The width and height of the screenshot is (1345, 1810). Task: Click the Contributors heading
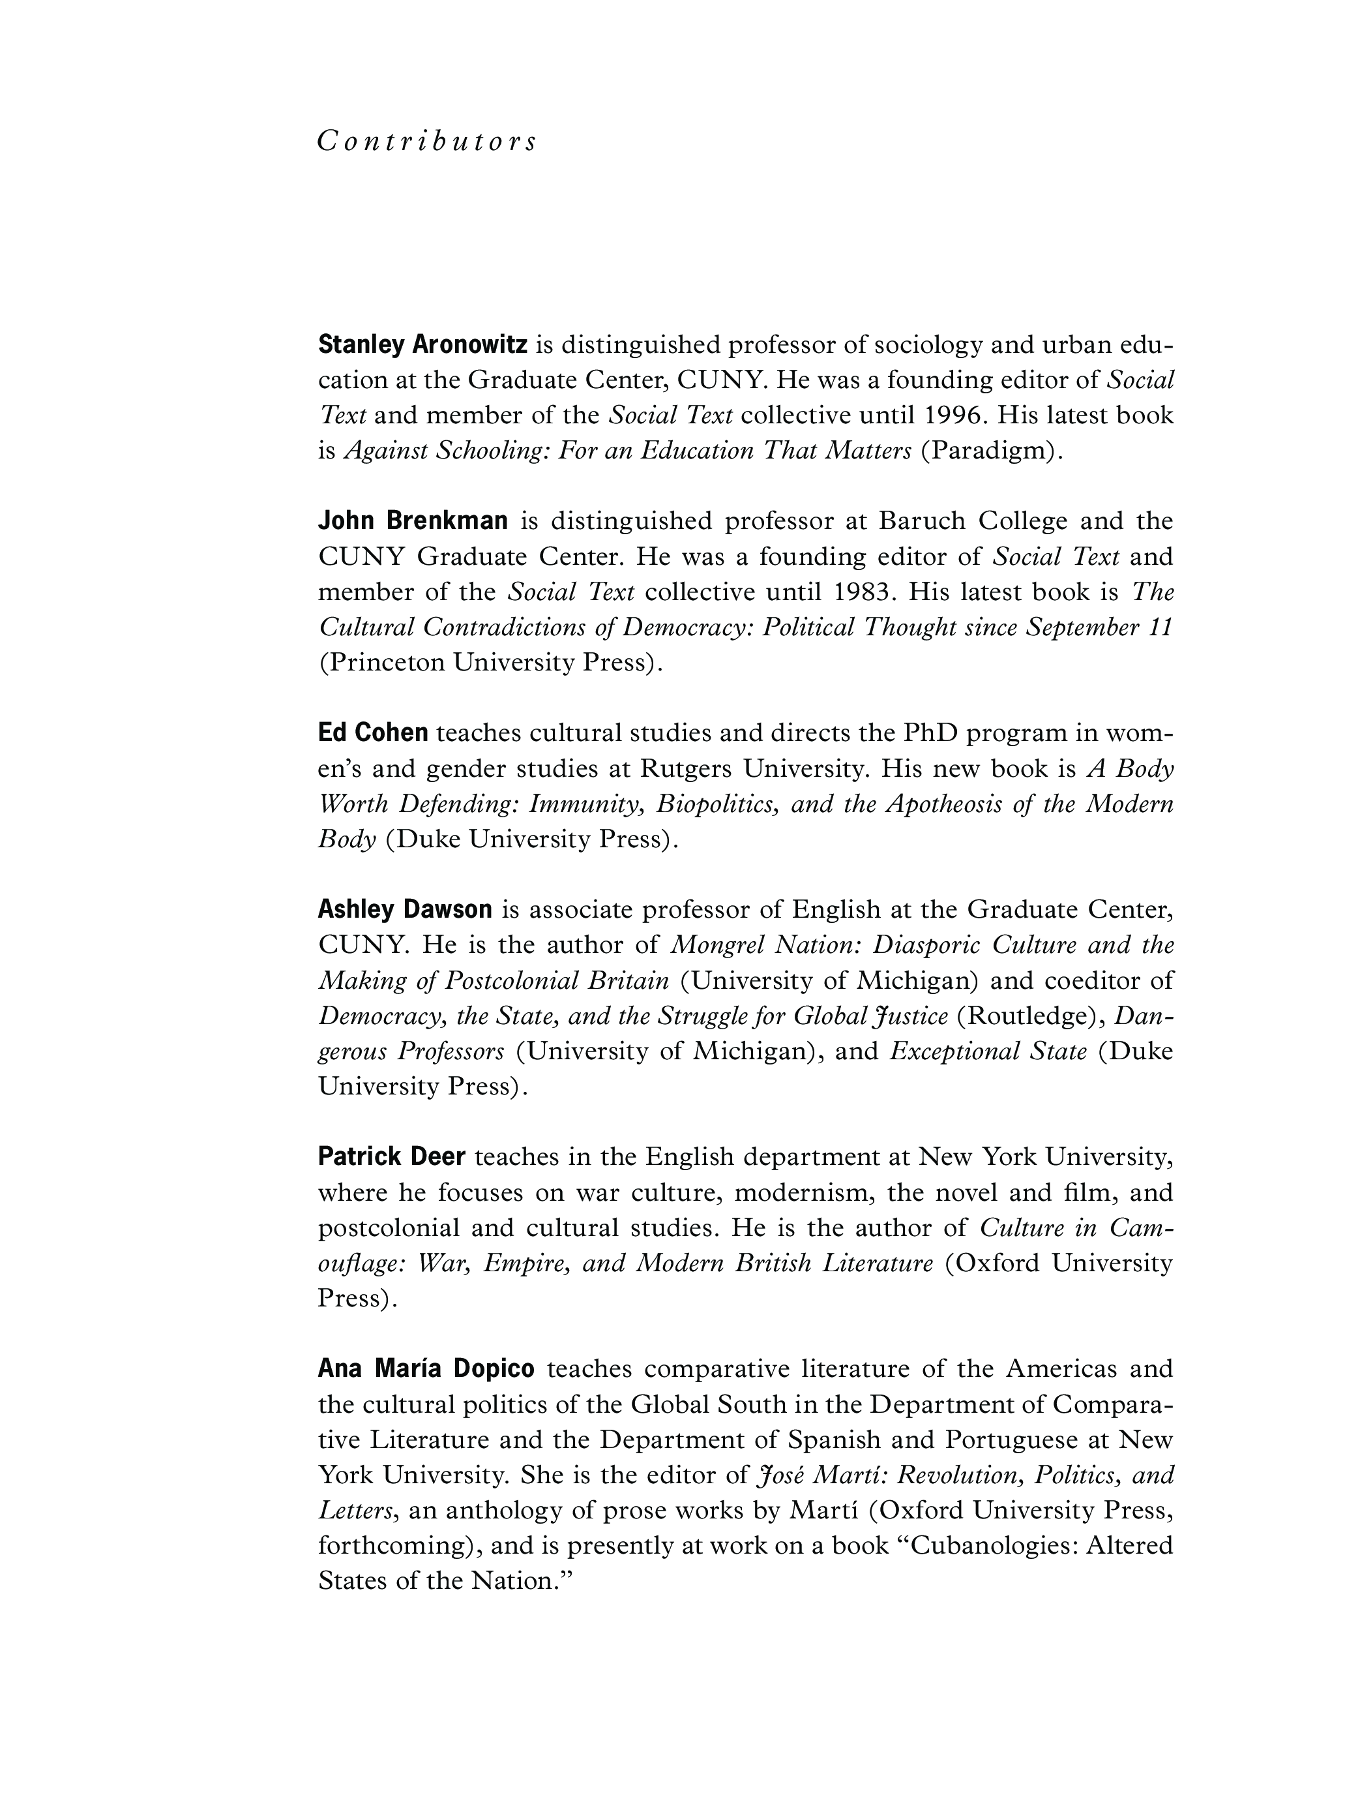coord(426,142)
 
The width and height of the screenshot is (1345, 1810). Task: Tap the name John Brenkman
coord(413,520)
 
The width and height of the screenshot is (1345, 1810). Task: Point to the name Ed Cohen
coord(373,732)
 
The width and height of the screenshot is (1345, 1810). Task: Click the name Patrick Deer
coord(392,1156)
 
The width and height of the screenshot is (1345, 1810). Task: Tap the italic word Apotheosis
coord(941,804)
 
